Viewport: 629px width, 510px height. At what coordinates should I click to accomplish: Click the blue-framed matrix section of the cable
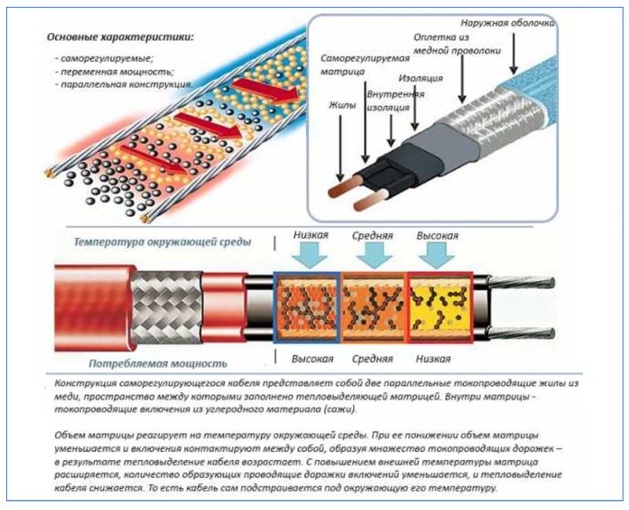[x=307, y=308]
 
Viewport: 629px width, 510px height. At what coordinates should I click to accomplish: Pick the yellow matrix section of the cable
[x=440, y=308]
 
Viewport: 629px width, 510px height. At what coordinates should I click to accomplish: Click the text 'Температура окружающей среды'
[x=163, y=242]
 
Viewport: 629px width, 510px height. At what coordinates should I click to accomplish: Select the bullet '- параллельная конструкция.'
[x=124, y=83]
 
